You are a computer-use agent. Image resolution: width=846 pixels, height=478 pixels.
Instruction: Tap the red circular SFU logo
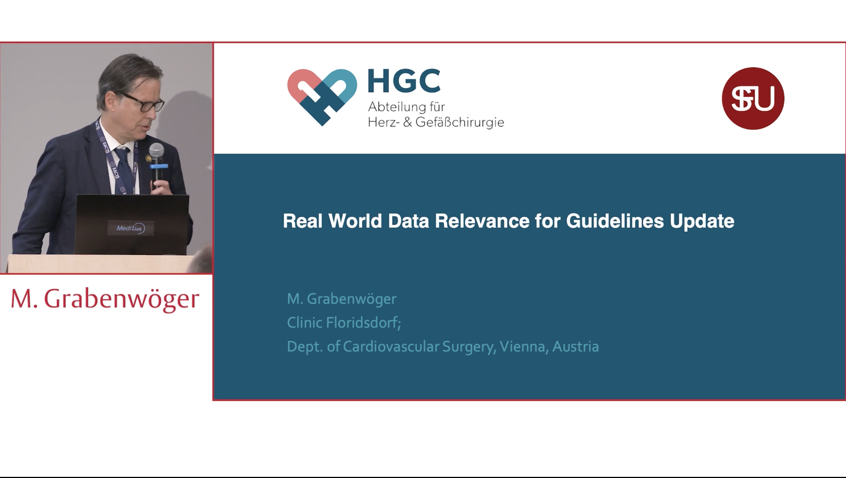753,98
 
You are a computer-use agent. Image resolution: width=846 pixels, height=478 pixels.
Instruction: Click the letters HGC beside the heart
404,81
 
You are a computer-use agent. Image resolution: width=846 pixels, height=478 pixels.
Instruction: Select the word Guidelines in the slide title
615,221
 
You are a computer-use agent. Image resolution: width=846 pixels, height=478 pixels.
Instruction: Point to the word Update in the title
702,221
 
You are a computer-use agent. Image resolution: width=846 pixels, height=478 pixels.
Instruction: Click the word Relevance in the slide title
482,221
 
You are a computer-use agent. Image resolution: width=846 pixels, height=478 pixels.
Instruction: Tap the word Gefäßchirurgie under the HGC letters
460,123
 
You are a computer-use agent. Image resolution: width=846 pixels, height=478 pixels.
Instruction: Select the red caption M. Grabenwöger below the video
105,299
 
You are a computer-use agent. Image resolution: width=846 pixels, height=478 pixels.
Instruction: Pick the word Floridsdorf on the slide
363,323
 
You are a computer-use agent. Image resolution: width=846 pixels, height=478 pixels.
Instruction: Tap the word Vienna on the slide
524,347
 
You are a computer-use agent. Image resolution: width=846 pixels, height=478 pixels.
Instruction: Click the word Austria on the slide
576,347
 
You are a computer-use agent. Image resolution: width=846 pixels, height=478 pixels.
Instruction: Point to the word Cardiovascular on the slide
391,347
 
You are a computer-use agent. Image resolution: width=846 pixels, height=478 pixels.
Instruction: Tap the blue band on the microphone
159,166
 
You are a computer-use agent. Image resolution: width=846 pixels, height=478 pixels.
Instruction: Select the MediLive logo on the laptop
131,228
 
